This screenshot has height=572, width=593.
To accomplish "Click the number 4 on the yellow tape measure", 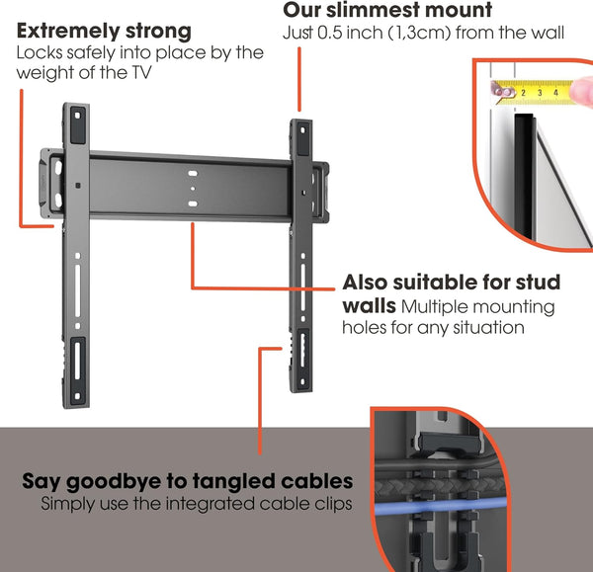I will pos(555,93).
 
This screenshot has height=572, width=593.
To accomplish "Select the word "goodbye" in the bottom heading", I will pos(124,482).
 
